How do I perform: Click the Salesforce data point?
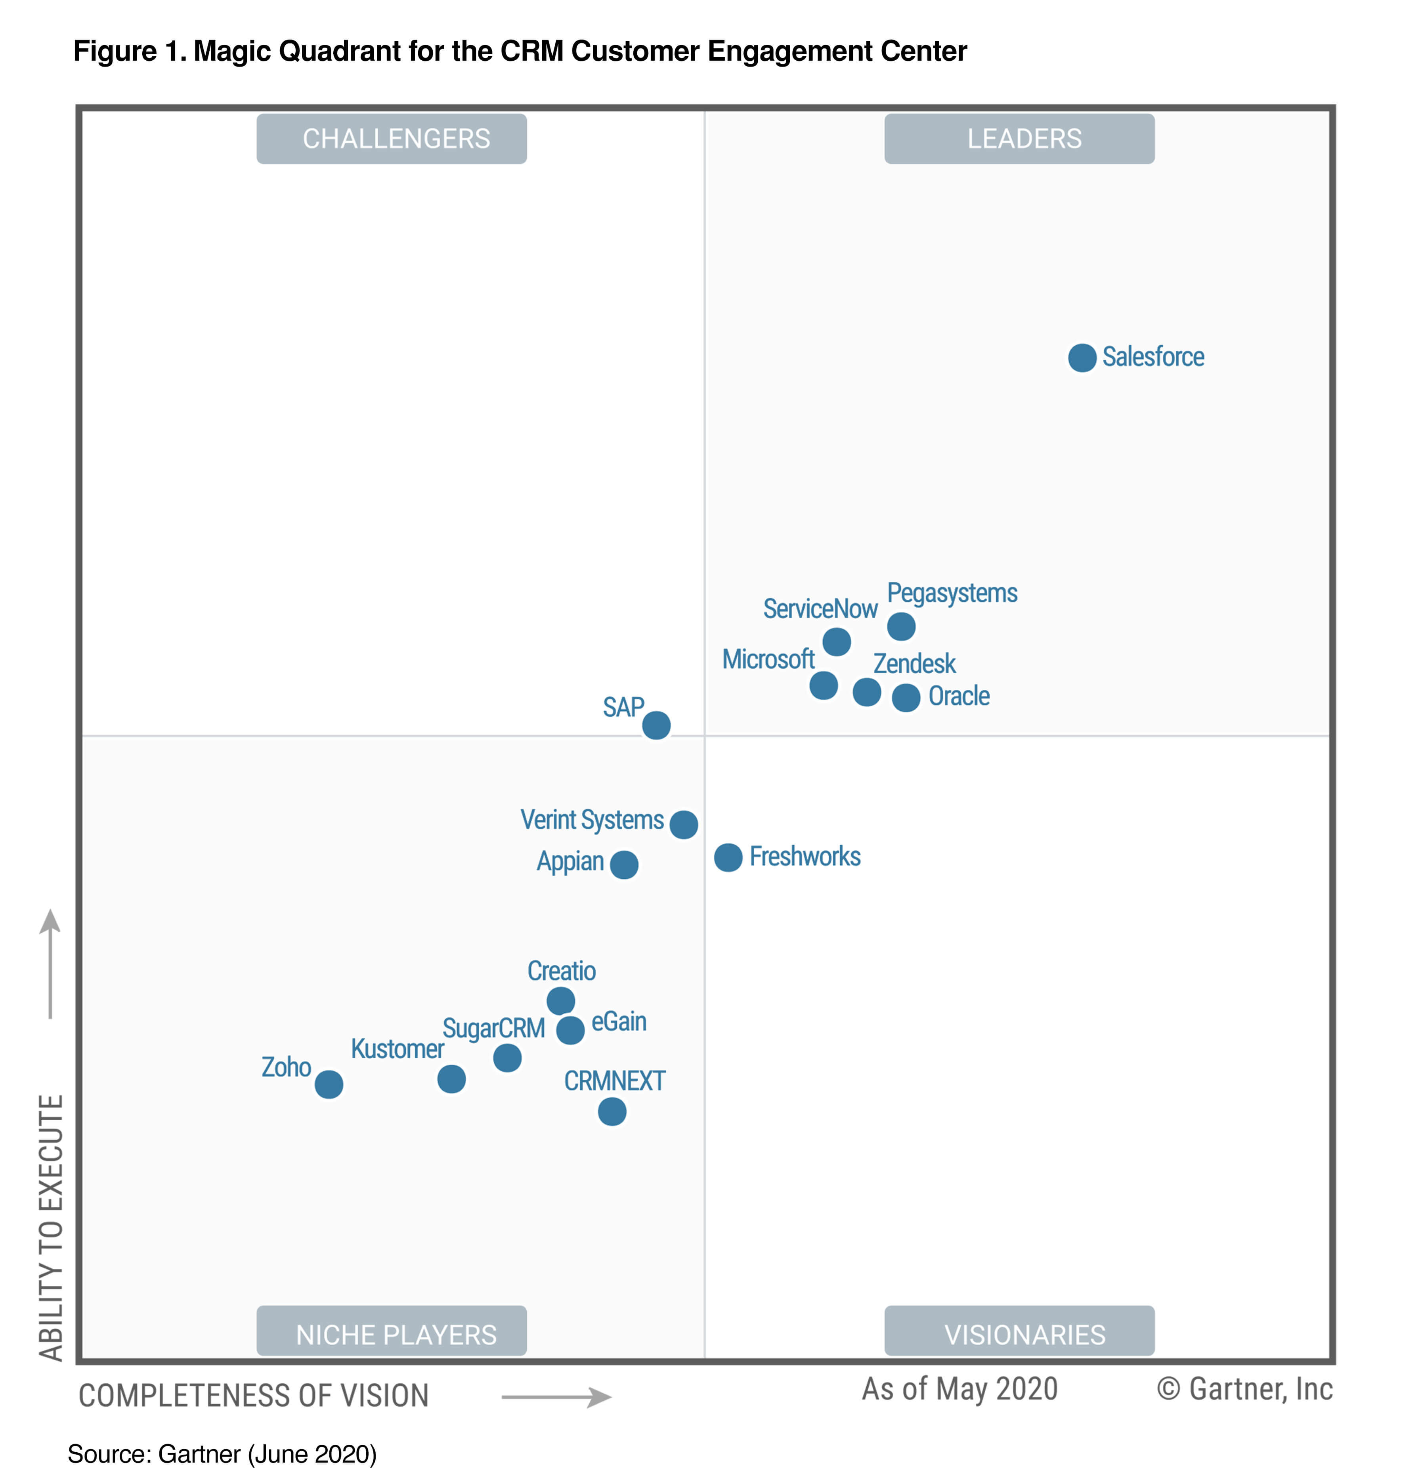point(1081,358)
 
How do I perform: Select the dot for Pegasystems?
point(900,626)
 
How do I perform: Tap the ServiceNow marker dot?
point(836,642)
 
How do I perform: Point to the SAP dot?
point(656,725)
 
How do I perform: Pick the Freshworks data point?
point(728,858)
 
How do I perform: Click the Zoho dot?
point(329,1084)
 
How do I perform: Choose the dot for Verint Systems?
point(683,824)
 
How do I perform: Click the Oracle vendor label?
point(959,696)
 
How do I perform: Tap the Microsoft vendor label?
point(768,660)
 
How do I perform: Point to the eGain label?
point(619,1022)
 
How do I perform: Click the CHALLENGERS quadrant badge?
point(392,139)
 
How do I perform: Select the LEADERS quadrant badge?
point(1019,139)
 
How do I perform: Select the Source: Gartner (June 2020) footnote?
point(222,1454)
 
